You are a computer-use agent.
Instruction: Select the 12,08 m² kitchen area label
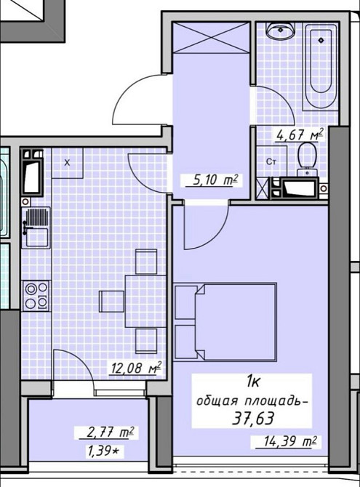point(137,369)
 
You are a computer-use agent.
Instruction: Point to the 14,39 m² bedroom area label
point(286,442)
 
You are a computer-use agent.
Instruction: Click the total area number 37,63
point(253,419)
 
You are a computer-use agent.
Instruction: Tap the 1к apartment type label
point(253,382)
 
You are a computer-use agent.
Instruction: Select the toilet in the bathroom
point(307,158)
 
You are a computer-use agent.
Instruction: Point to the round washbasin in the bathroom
point(280,31)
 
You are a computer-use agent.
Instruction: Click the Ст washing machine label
point(271,162)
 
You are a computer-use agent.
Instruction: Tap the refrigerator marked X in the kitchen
point(67,164)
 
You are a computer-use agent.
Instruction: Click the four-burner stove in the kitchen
point(36,295)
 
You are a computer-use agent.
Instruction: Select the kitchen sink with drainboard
point(36,227)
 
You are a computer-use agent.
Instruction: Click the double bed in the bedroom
point(225,322)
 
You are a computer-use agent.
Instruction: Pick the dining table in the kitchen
point(145,301)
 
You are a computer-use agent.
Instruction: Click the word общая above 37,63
point(217,401)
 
